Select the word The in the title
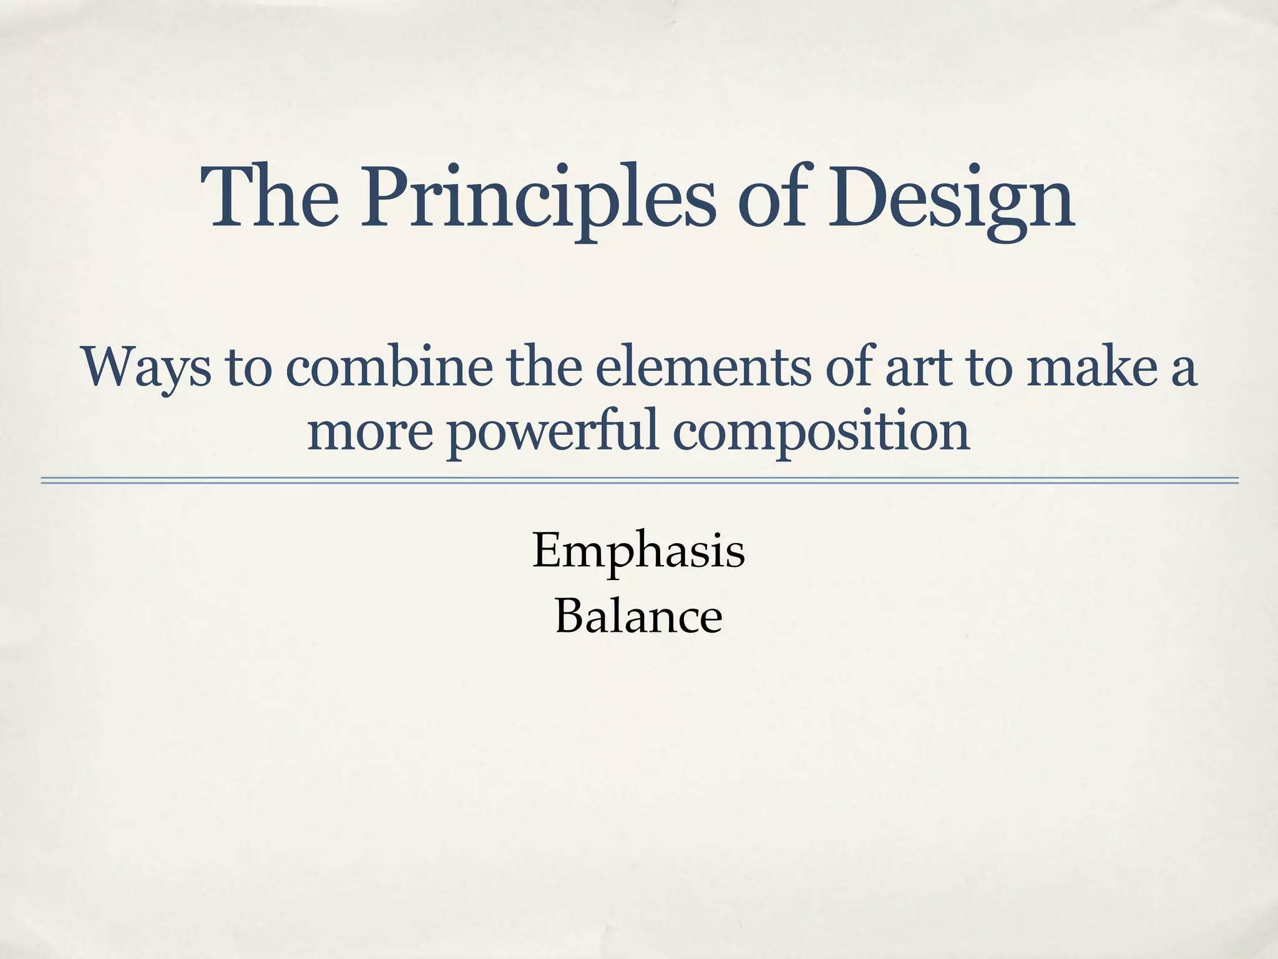point(270,196)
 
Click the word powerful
point(553,432)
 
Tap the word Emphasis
point(638,551)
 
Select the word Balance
point(638,616)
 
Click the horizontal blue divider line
point(639,480)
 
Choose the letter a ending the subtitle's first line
point(1183,371)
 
